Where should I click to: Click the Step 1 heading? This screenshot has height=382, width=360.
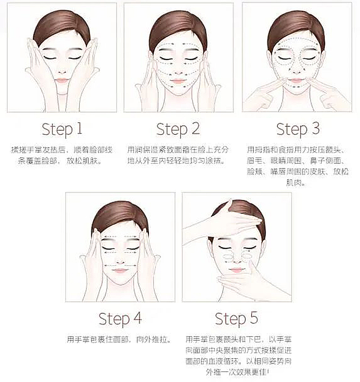[x=62, y=129]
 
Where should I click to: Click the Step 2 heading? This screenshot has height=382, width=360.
[x=178, y=129]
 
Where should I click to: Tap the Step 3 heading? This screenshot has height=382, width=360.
[x=298, y=129]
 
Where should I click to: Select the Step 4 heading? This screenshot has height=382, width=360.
[x=120, y=319]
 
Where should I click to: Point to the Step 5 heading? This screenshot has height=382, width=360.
[x=236, y=319]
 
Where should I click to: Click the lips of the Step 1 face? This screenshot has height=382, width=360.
[x=62, y=80]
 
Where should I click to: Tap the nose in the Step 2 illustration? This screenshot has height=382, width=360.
[x=179, y=71]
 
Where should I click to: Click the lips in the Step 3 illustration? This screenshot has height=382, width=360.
[x=297, y=80]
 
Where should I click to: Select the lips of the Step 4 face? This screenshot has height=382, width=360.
[x=120, y=271]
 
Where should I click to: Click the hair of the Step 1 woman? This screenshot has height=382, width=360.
[x=61, y=26]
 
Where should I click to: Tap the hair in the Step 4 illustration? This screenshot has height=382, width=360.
[x=120, y=216]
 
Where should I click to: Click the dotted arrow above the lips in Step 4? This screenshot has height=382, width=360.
[x=120, y=265]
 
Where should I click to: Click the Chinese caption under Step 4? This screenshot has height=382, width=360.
[x=118, y=339]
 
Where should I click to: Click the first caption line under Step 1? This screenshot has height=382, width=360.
[x=62, y=150]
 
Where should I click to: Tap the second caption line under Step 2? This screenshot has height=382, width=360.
[x=176, y=160]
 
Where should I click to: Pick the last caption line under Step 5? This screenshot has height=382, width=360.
[x=238, y=372]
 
